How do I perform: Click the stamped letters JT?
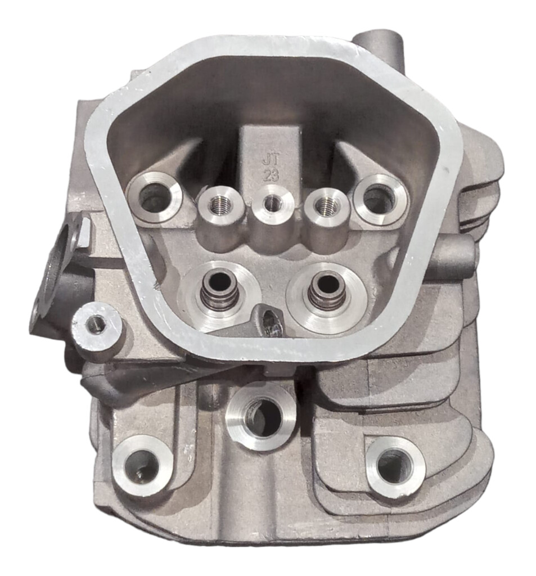point(271,160)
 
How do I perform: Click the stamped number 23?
point(271,175)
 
